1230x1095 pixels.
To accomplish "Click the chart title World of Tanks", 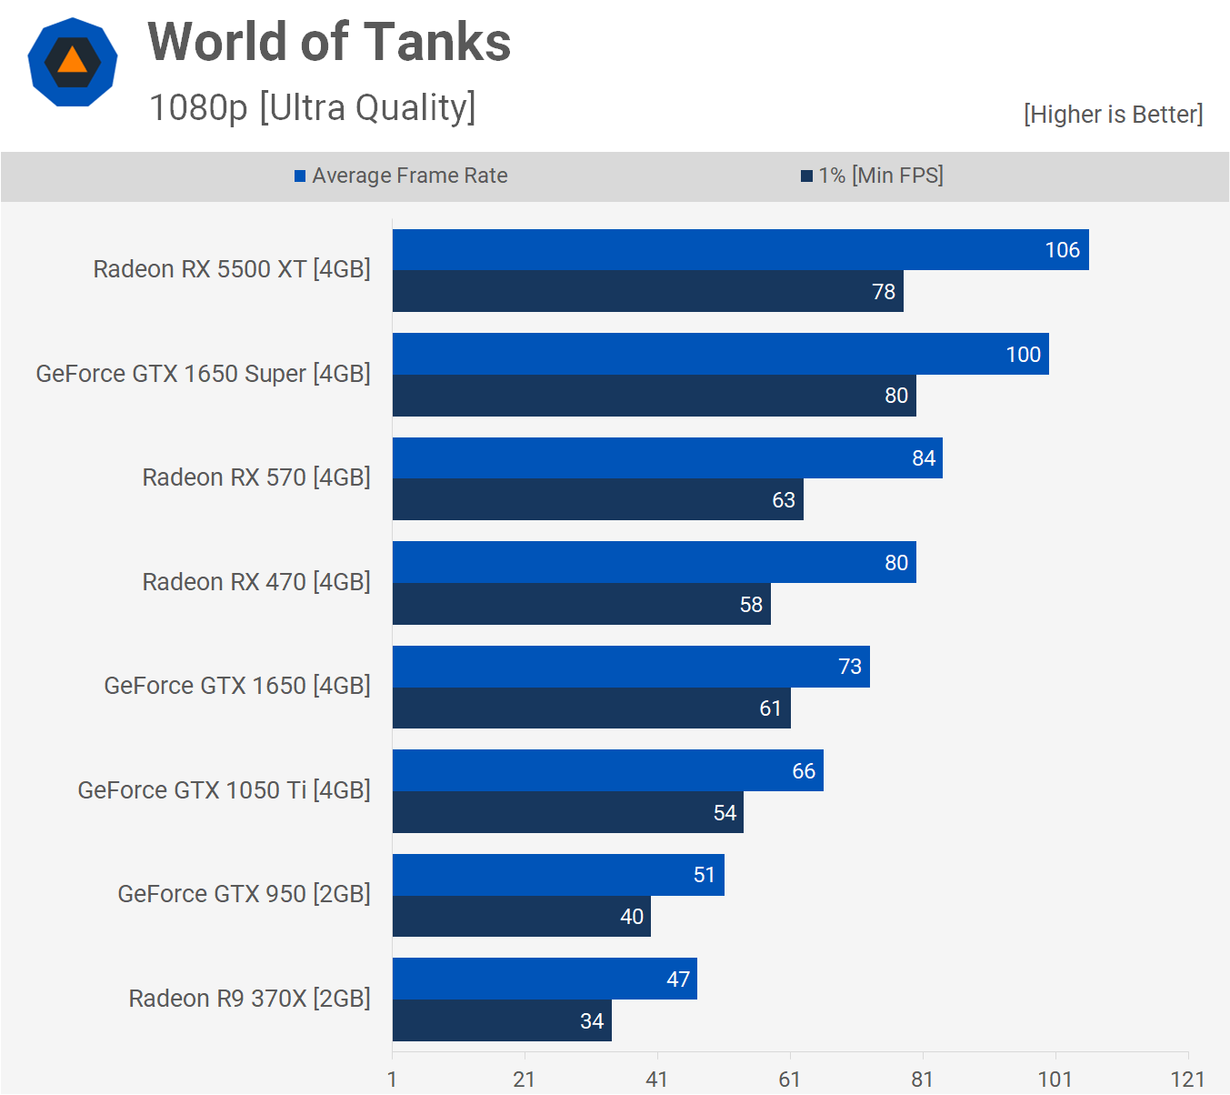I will (x=329, y=43).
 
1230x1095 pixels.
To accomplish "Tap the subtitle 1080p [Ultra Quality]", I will (x=312, y=107).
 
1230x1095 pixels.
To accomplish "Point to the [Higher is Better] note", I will (x=1113, y=115).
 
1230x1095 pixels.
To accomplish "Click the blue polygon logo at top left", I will (x=73, y=62).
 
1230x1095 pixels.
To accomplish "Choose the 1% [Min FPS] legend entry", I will (x=872, y=176).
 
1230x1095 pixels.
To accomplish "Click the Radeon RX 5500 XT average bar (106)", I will (x=740, y=250).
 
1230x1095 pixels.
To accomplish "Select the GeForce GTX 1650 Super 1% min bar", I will (x=654, y=396).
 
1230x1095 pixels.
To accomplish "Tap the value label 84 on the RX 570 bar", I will (x=924, y=458).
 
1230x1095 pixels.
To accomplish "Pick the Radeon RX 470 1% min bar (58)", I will (x=581, y=604).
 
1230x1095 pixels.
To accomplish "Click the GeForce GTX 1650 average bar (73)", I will (x=631, y=667).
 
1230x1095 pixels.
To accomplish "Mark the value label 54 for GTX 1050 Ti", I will (x=725, y=813).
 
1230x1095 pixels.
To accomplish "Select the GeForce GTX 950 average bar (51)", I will (x=558, y=875).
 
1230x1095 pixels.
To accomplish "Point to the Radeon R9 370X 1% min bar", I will (x=502, y=1020).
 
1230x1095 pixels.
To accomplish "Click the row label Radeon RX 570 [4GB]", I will (x=256, y=477).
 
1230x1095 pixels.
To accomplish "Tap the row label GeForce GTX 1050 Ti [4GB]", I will (x=224, y=790).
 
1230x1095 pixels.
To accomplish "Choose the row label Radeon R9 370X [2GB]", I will (x=249, y=999).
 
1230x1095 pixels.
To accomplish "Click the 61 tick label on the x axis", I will (x=789, y=1080).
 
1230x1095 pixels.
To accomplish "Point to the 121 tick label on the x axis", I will (x=1187, y=1080).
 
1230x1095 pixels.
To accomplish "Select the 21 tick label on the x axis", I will (x=524, y=1080).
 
